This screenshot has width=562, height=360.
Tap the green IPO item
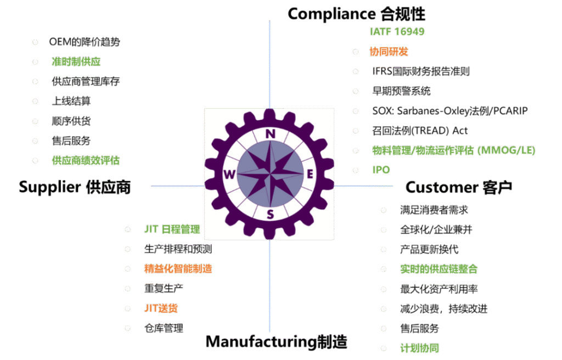coord(381,170)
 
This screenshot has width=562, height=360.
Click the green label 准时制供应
coord(76,62)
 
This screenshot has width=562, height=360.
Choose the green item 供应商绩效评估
coord(86,161)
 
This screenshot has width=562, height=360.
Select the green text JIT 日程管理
coord(172,229)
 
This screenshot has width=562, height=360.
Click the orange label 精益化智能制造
coord(178,269)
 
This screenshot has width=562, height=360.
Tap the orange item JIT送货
coord(161,308)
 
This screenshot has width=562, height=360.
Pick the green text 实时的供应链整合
coord(439,269)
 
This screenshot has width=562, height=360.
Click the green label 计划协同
coord(419,348)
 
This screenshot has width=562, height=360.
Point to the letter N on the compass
coord(270,134)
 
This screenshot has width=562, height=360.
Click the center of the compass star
coord(269,174)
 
